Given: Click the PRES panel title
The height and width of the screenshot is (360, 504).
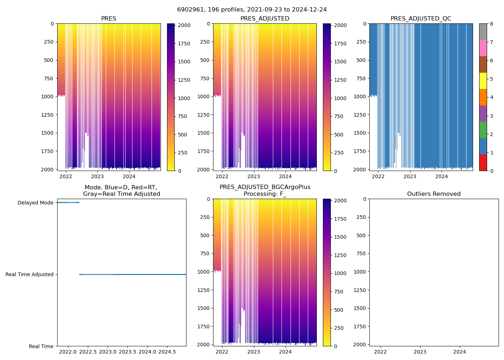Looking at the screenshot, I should [x=108, y=19].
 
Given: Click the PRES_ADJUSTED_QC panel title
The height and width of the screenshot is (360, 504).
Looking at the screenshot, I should [x=421, y=19].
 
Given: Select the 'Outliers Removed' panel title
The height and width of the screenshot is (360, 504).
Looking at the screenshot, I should [x=434, y=194].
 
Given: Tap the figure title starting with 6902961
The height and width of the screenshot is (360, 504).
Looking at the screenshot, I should [x=252, y=10].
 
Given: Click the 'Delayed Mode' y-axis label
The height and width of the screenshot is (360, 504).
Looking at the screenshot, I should [x=35, y=203].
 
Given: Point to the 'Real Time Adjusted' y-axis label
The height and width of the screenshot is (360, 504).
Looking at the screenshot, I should [x=29, y=274].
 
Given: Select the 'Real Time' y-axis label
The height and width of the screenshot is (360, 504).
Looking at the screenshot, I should [x=41, y=346].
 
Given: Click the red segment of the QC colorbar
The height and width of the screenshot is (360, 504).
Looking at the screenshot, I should [x=483, y=163].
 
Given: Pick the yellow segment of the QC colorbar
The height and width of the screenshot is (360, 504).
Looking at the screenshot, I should [x=483, y=81].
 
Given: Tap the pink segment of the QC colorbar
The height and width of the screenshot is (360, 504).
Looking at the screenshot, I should [x=483, y=48].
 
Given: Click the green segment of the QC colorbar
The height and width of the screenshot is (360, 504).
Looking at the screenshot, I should [x=483, y=130].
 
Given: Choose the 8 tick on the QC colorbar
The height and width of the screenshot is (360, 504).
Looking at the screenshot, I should [x=491, y=24].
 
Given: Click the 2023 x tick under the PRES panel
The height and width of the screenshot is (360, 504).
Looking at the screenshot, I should [x=97, y=176].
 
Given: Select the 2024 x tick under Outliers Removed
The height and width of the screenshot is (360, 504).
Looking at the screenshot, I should [x=459, y=352].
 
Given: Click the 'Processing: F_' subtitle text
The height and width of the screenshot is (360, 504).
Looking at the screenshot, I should [x=265, y=194].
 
